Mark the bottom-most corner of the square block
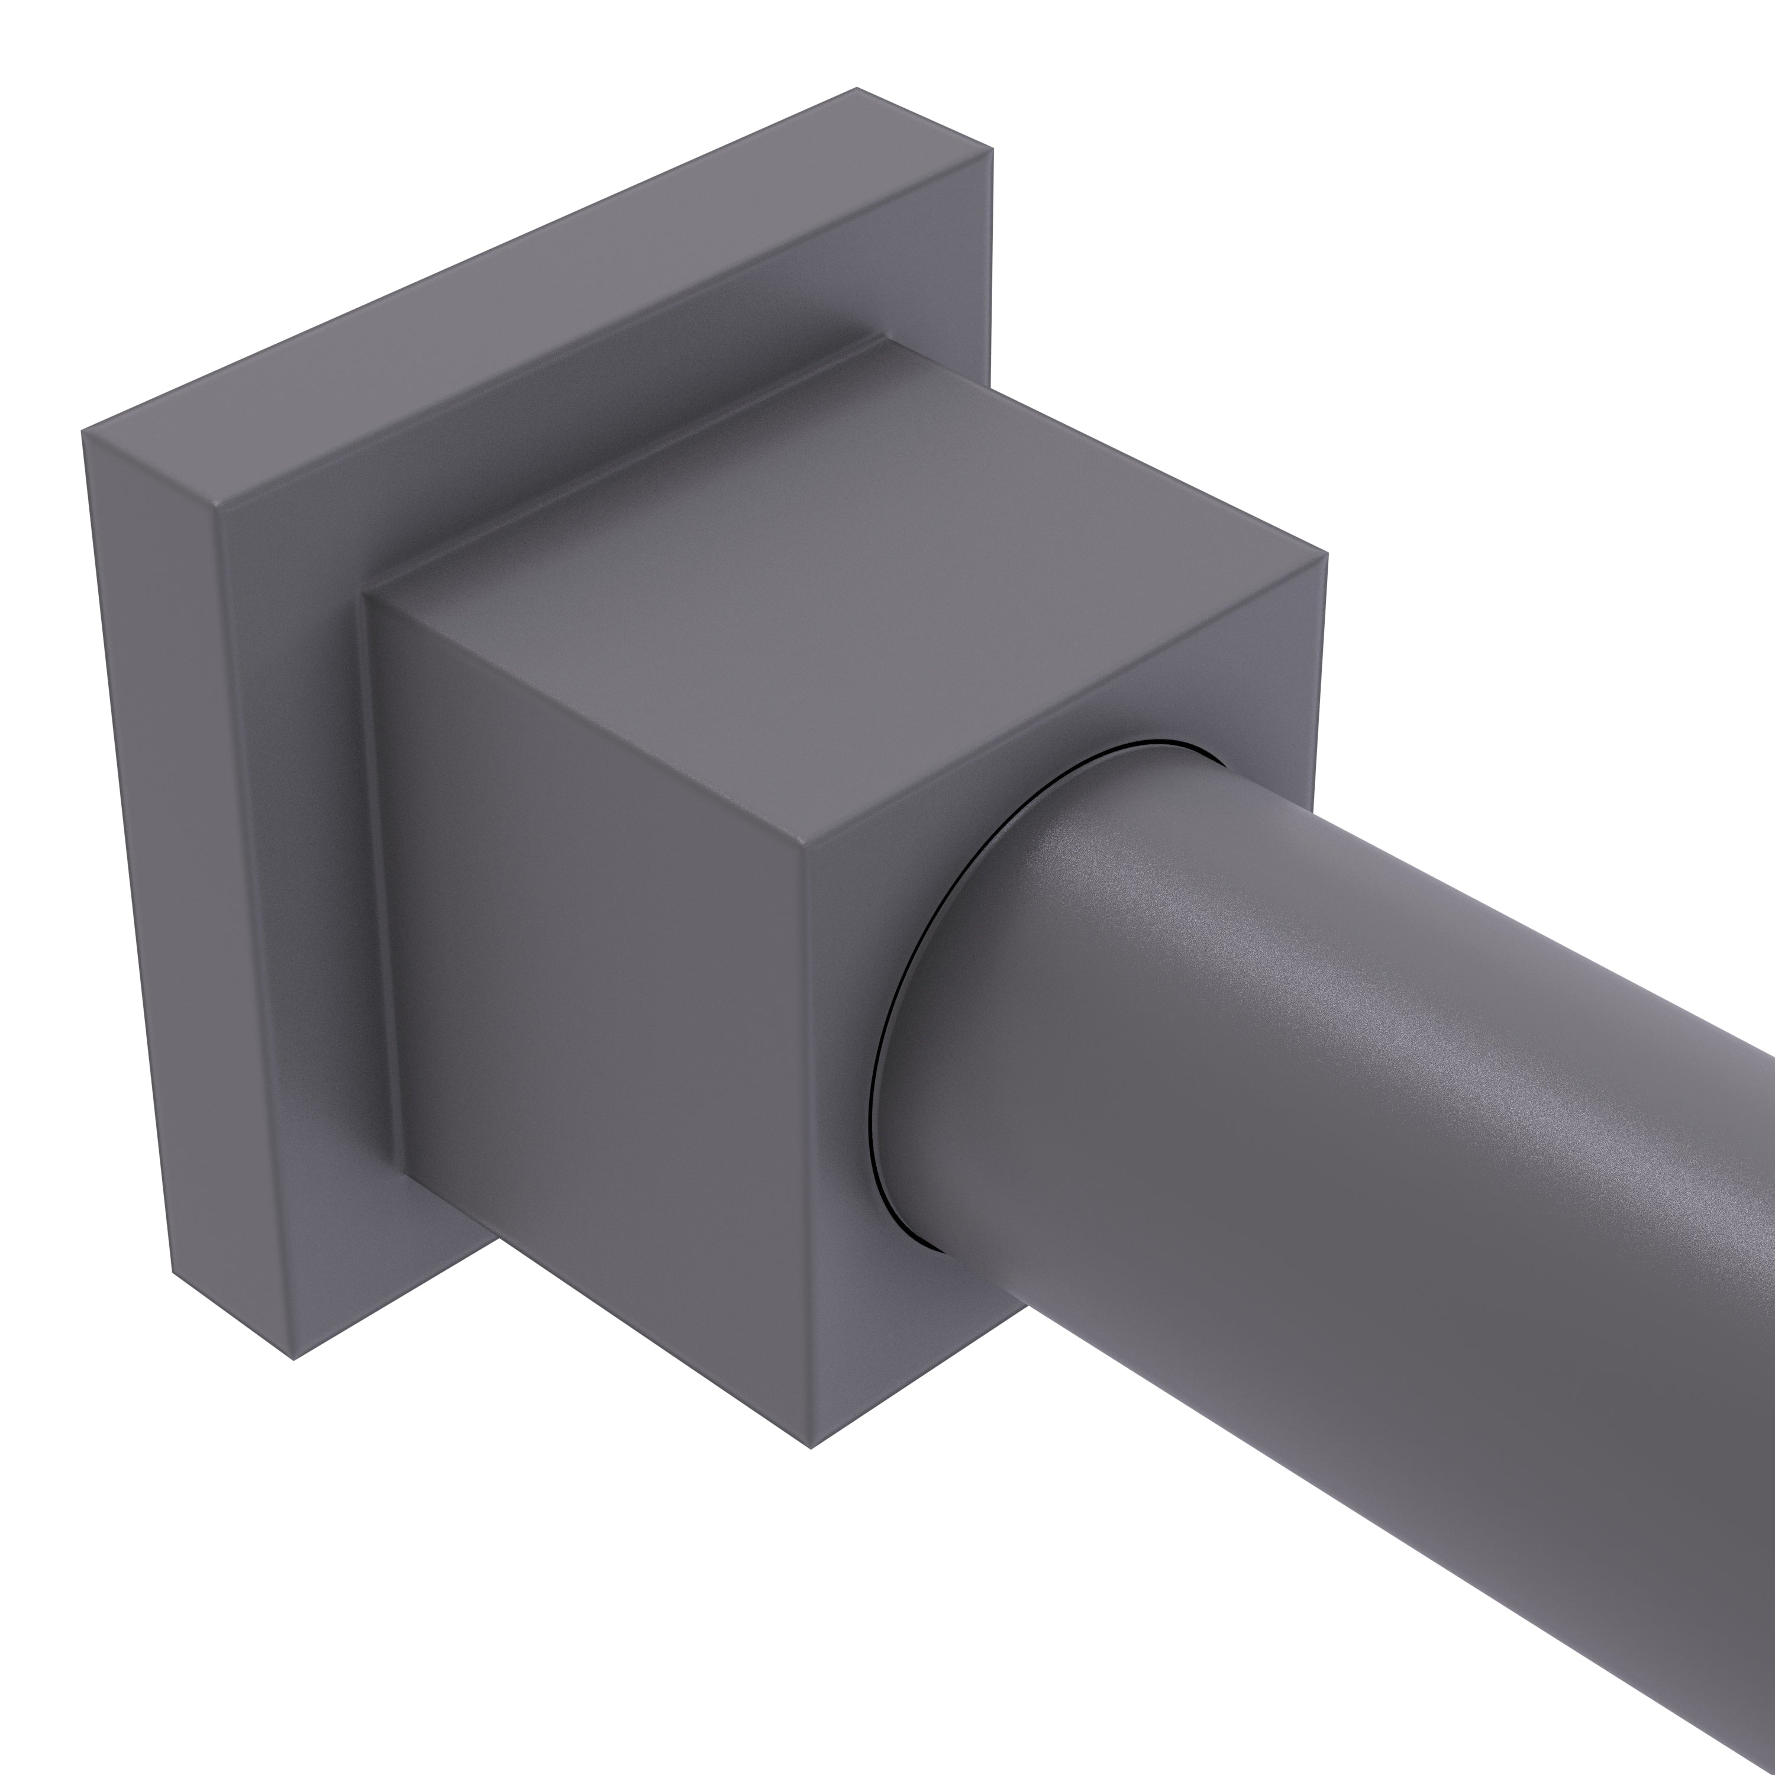(x=811, y=1449)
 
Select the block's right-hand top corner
(x=1327, y=553)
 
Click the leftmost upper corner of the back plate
(x=83, y=430)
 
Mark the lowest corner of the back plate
(x=293, y=1360)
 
